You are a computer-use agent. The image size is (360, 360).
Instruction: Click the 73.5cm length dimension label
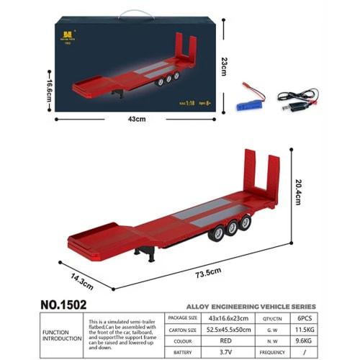[210, 272]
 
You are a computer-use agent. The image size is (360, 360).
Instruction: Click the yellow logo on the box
[70, 34]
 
